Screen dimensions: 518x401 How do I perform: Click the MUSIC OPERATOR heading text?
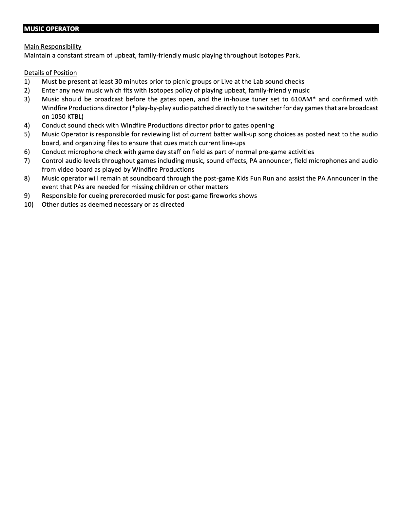(x=51, y=29)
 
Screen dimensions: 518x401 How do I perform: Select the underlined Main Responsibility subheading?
(x=53, y=46)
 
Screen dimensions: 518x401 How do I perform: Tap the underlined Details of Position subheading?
(x=50, y=73)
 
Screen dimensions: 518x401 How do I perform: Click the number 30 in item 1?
(x=118, y=81)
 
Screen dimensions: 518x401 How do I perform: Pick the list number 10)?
(x=29, y=204)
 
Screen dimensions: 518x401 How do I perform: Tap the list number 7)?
(x=27, y=161)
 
